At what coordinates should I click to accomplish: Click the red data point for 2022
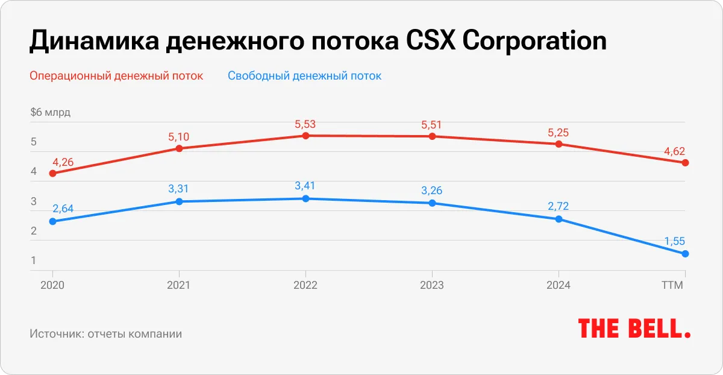pos(305,136)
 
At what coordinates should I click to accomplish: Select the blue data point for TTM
pos(686,254)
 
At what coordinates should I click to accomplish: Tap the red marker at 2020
pos(52,173)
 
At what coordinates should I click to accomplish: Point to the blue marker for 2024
pos(559,219)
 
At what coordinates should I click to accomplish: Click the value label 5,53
pos(305,124)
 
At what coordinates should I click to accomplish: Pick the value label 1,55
pos(675,241)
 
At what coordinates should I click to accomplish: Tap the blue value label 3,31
pos(179,189)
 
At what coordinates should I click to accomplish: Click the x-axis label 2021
pos(179,285)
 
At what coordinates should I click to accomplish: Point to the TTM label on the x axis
pos(672,285)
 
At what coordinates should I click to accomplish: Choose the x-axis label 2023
pos(432,285)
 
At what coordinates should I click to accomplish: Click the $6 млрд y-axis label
pos(50,113)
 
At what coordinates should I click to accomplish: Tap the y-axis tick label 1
pos(34,261)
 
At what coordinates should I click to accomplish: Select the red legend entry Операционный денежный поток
pos(116,76)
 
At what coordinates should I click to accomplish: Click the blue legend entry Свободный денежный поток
pos(304,76)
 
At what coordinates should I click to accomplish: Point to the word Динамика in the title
pos(89,42)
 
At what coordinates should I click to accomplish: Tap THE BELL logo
pos(634,329)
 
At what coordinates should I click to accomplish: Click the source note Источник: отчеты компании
pos(105,333)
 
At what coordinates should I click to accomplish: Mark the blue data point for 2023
pos(432,203)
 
